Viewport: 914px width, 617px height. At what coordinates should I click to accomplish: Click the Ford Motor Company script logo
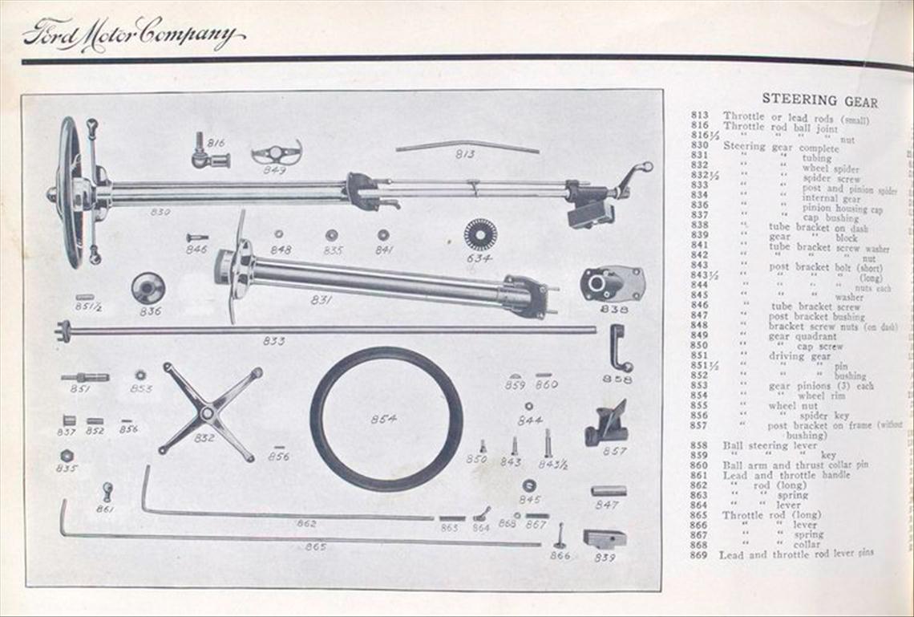click(133, 35)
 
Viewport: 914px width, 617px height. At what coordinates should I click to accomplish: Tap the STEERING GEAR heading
click(819, 101)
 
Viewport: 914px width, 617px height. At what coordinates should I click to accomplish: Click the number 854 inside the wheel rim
click(383, 419)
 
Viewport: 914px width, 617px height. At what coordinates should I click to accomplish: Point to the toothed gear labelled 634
click(479, 234)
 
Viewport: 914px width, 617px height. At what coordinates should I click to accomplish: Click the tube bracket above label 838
click(613, 283)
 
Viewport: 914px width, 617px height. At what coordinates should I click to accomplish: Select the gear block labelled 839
click(604, 538)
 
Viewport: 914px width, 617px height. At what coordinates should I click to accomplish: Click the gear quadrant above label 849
click(276, 152)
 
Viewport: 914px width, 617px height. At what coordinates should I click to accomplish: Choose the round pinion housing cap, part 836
click(148, 287)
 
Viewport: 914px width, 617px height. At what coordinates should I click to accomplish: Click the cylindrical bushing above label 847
click(609, 490)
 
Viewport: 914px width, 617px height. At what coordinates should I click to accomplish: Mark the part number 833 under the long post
click(273, 341)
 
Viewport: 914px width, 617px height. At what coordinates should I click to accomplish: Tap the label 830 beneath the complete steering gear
click(160, 213)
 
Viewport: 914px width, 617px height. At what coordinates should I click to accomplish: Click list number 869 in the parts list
click(698, 554)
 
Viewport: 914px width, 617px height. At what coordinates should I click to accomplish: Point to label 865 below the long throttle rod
click(315, 547)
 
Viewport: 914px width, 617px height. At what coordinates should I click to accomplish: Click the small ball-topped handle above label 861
click(107, 490)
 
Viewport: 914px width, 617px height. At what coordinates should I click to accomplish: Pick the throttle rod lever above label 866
click(560, 534)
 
